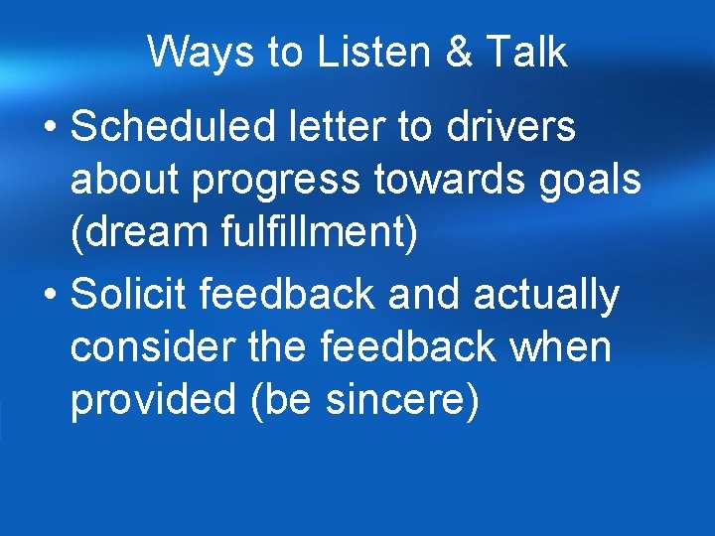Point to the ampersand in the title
(459, 52)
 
